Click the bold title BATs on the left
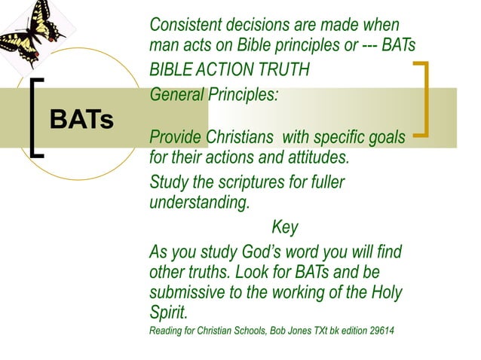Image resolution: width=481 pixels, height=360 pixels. [81, 119]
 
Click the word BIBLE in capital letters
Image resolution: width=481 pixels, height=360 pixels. [170, 71]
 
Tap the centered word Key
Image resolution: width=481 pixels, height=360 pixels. [284, 227]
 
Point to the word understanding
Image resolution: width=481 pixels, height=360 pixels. [199, 203]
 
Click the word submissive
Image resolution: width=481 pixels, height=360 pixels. [193, 291]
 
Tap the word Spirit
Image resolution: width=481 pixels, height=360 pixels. [167, 312]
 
